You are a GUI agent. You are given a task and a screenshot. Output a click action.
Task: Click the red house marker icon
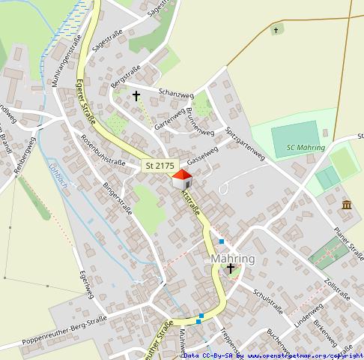(x=182, y=180)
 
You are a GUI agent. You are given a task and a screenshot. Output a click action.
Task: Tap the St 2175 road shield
(x=159, y=165)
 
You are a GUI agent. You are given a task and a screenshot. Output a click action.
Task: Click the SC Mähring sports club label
(x=306, y=148)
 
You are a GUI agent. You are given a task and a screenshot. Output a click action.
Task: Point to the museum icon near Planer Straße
(x=346, y=205)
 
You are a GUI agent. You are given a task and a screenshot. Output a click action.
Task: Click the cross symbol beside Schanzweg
(x=136, y=96)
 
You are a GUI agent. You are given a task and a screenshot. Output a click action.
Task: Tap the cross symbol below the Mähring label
(x=231, y=268)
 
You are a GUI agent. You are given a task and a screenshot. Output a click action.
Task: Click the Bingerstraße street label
(x=117, y=197)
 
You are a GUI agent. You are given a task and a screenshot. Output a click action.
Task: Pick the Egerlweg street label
(x=85, y=286)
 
